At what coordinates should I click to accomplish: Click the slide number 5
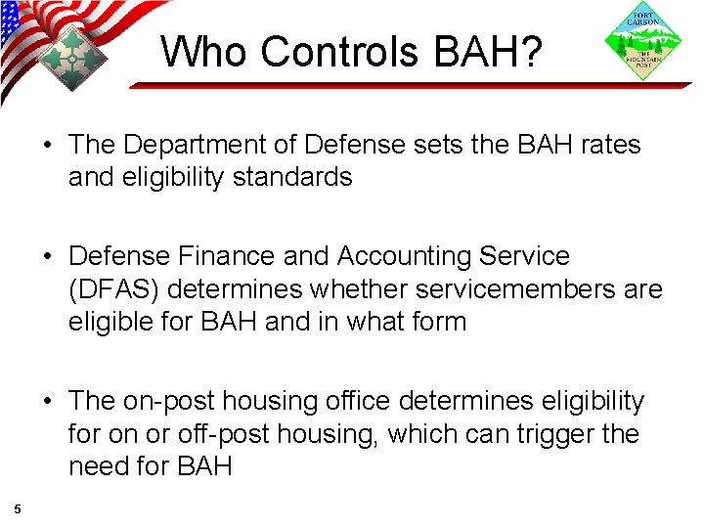point(18,507)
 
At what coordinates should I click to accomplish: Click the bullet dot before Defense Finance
point(48,257)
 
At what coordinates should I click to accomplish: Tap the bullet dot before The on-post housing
point(48,402)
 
